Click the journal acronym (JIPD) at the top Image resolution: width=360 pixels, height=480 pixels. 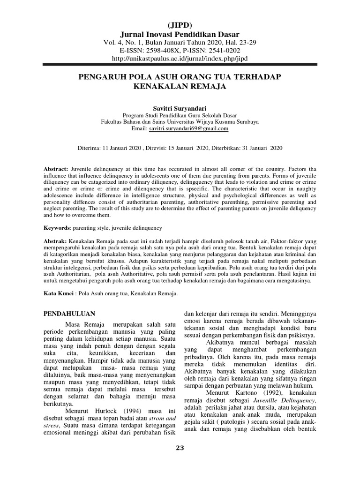(180, 25)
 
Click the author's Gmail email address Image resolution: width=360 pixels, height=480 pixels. (188, 128)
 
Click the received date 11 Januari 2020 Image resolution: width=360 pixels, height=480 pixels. (121, 148)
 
